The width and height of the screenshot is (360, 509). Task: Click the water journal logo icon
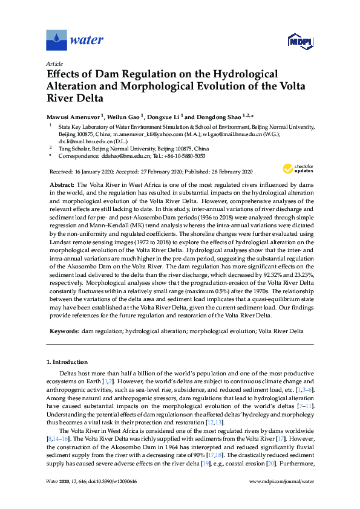pos(56,39)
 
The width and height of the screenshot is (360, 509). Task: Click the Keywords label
pos(63,332)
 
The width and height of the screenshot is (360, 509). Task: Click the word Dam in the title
pos(103,74)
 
